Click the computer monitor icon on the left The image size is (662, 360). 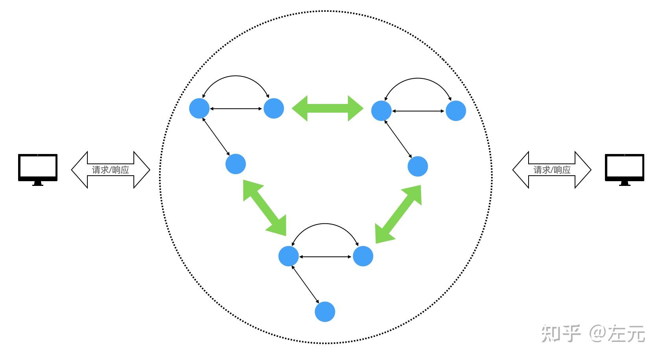pyautogui.click(x=38, y=169)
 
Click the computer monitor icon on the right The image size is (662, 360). pyautogui.click(x=624, y=169)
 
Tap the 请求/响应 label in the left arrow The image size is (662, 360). pyautogui.click(x=111, y=170)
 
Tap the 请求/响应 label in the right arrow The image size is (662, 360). pyautogui.click(x=552, y=170)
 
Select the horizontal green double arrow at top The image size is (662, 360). pyautogui.click(x=327, y=108)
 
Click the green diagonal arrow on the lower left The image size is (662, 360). pyautogui.click(x=264, y=208)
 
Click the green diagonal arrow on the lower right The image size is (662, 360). pyautogui.click(x=398, y=214)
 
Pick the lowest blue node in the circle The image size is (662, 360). pyautogui.click(x=325, y=312)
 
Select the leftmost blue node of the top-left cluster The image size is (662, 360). pyautogui.click(x=199, y=108)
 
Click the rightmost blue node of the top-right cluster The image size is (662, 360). pyautogui.click(x=456, y=111)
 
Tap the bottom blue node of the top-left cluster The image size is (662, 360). pyautogui.click(x=235, y=164)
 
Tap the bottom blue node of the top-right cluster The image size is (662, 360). pyautogui.click(x=418, y=166)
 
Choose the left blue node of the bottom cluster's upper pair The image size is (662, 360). pyautogui.click(x=288, y=256)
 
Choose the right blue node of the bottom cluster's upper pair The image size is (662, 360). pyautogui.click(x=363, y=256)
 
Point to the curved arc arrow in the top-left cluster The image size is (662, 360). pyautogui.click(x=235, y=76)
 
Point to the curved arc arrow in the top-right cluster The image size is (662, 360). pyautogui.click(x=418, y=78)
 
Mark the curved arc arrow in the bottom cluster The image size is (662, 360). pyautogui.click(x=325, y=224)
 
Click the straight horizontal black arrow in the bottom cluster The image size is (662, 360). pyautogui.click(x=325, y=257)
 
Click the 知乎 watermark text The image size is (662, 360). pyautogui.click(x=560, y=333)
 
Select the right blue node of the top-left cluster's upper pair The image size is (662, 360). pyautogui.click(x=274, y=108)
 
